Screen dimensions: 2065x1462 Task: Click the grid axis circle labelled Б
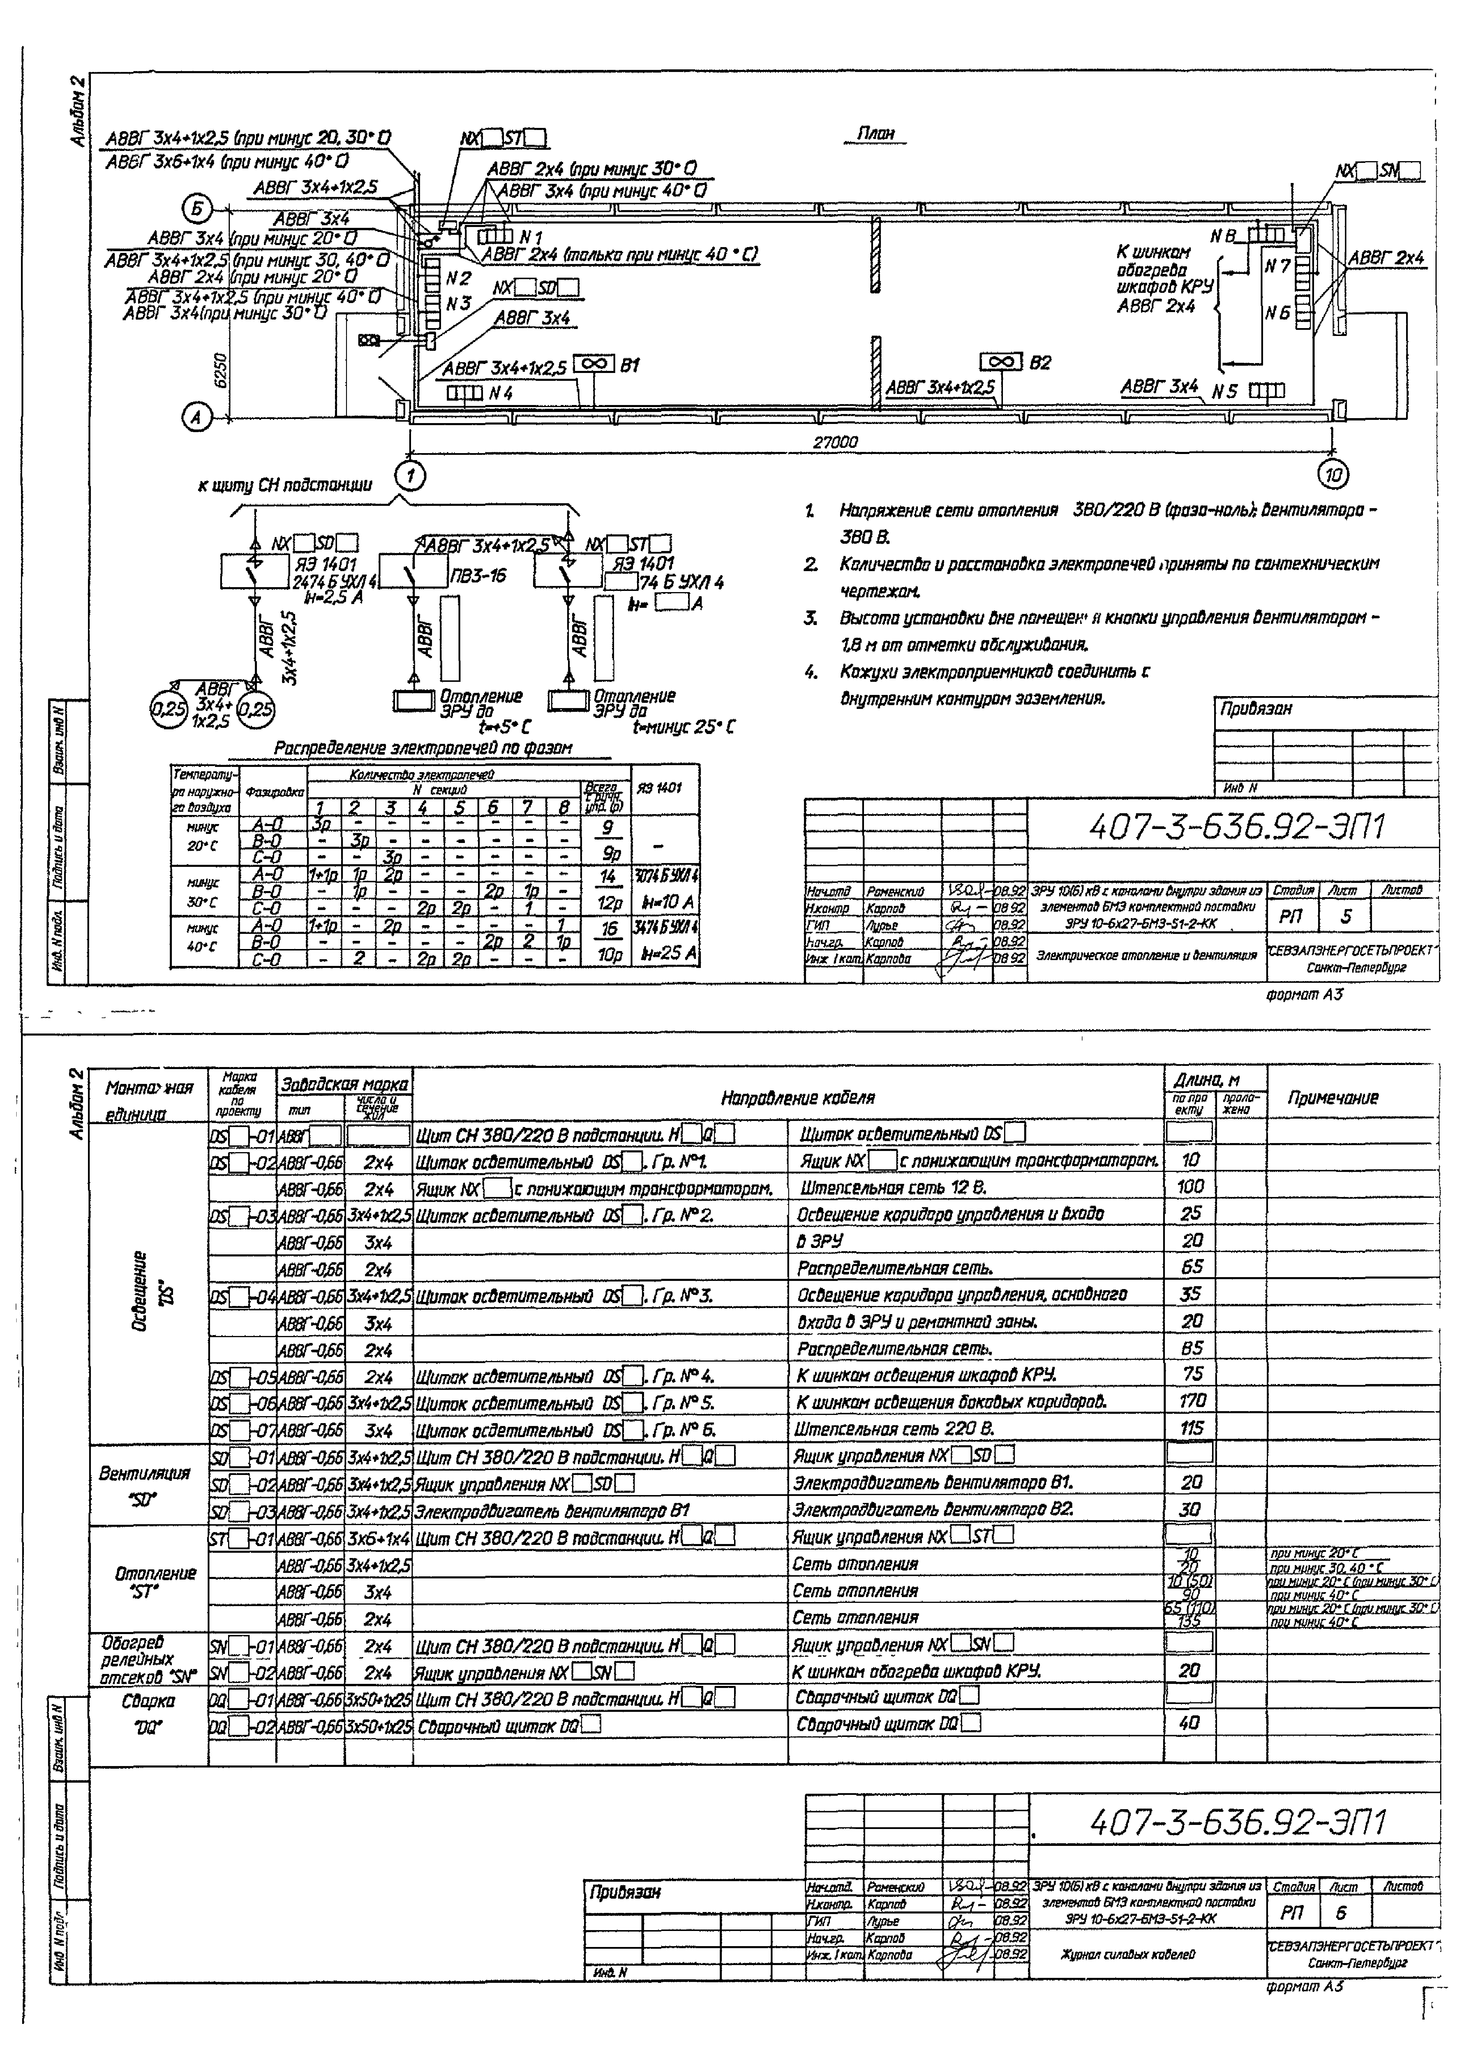(197, 209)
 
